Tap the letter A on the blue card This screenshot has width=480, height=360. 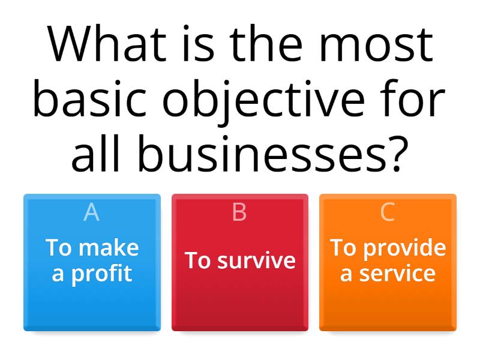(92, 212)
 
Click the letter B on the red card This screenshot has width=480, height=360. (239, 212)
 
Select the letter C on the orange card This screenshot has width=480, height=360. (388, 212)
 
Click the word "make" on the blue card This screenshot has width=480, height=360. (109, 248)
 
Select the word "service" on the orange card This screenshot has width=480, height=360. (397, 274)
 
